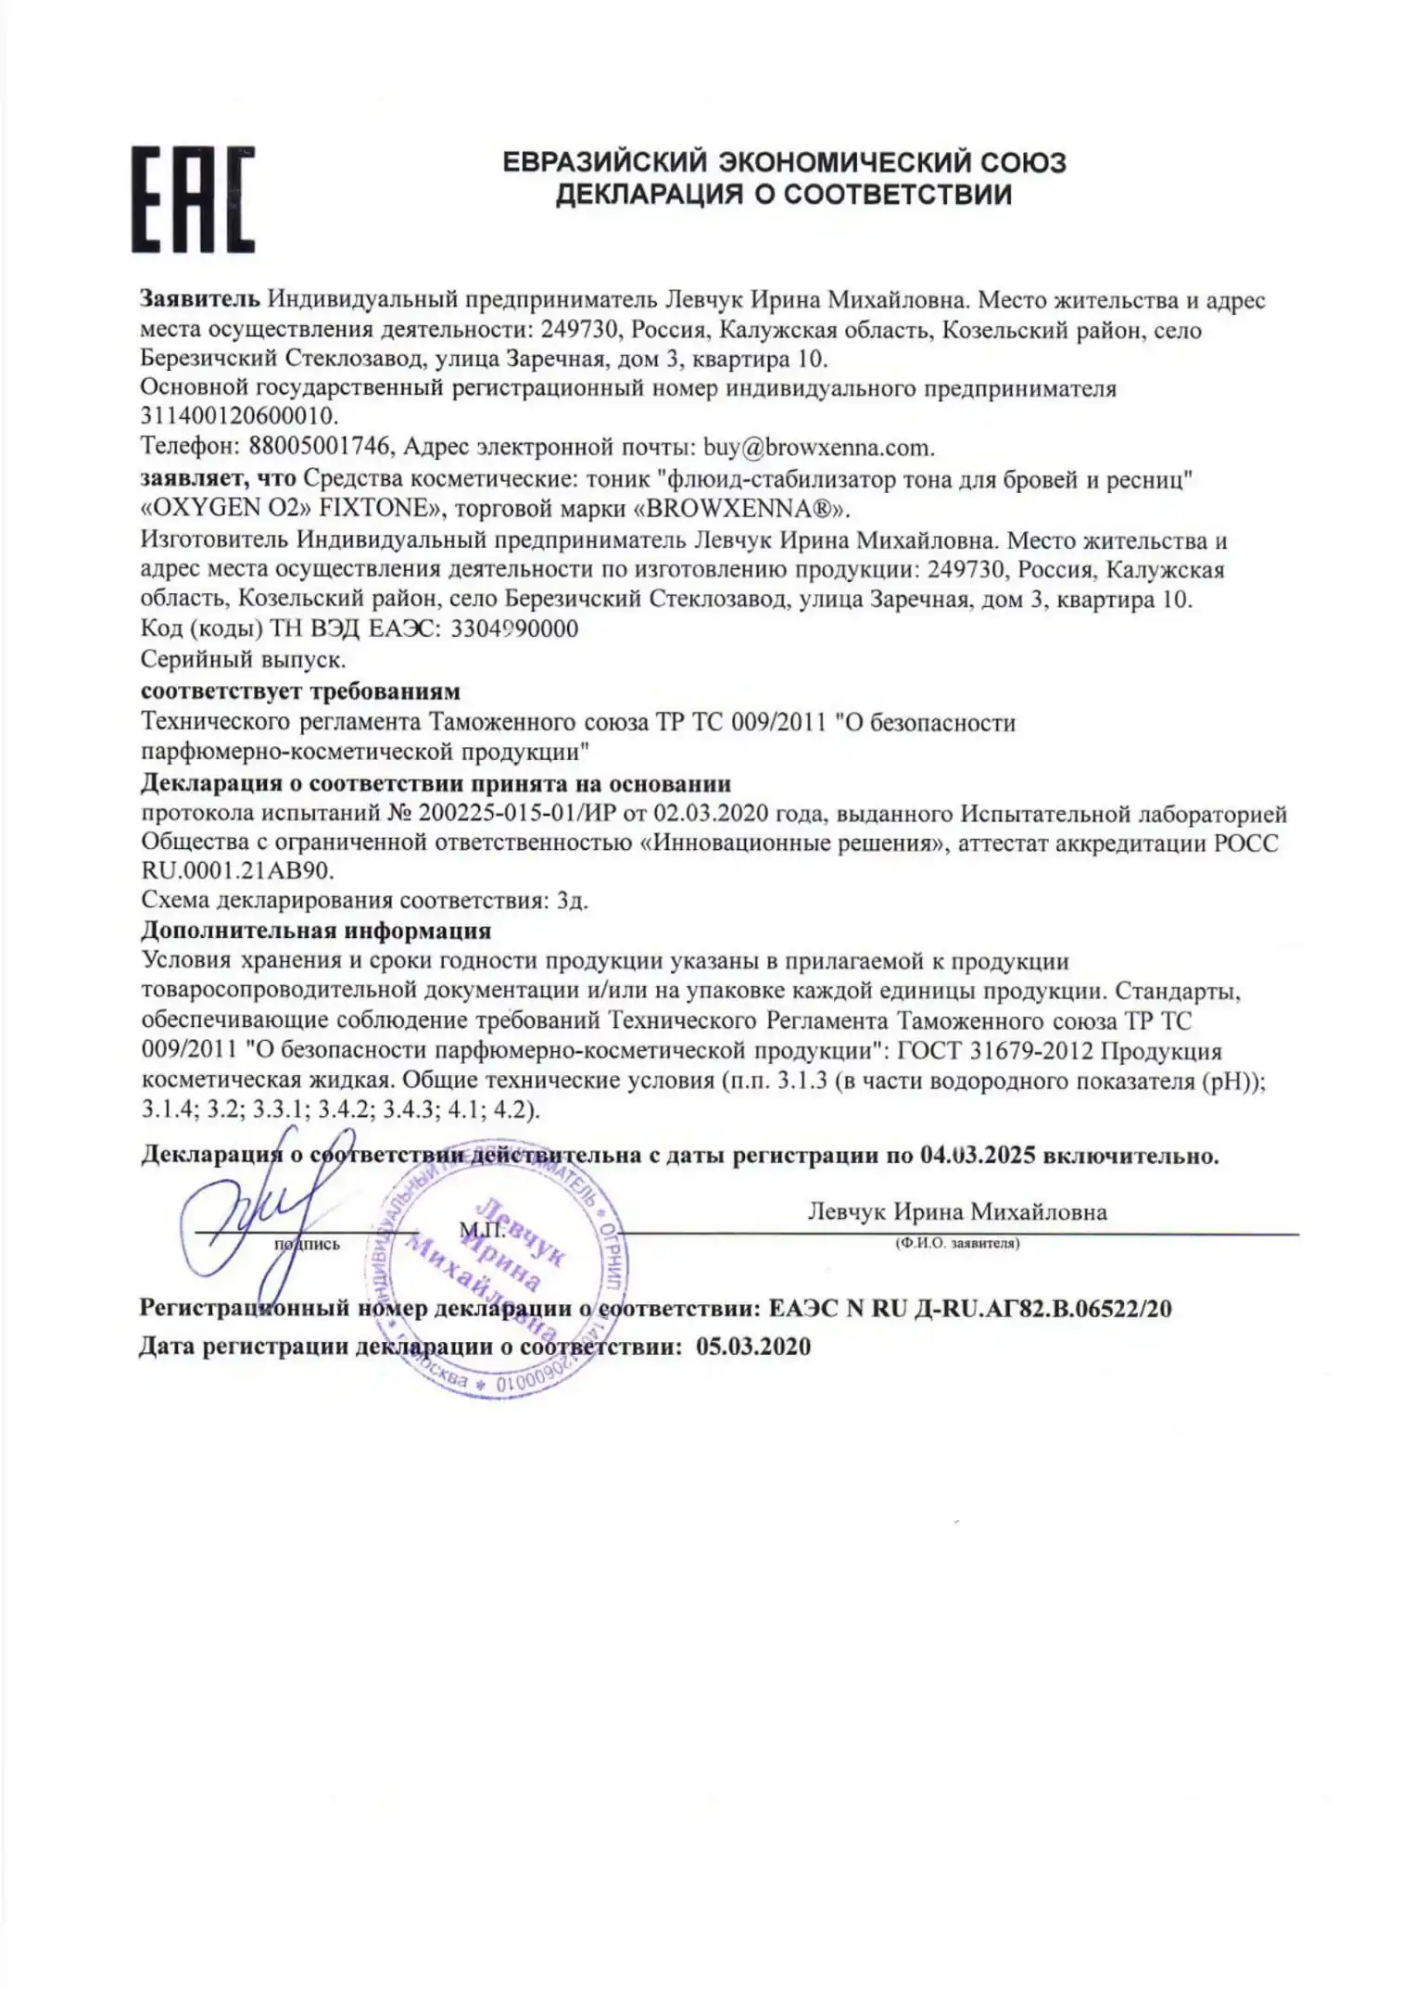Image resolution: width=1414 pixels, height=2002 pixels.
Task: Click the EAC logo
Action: pyautogui.click(x=193, y=198)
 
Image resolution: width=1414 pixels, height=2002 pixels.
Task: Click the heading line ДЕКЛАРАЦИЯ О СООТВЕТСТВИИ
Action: pyautogui.click(x=783, y=195)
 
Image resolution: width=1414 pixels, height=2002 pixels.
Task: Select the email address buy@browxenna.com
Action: pyautogui.click(x=818, y=447)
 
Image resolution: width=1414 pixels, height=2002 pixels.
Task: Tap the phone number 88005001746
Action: pyautogui.click(x=322, y=447)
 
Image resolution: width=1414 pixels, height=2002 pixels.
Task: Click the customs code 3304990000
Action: pyautogui.click(x=513, y=629)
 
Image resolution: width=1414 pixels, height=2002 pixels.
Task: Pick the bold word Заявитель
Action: pyautogui.click(x=199, y=299)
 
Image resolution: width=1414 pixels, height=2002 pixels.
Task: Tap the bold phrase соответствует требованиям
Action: pyautogui.click(x=300, y=691)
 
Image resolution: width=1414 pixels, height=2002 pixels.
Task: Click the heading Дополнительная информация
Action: pyautogui.click(x=316, y=930)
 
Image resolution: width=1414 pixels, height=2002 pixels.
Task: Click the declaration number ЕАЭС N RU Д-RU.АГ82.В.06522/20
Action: pyautogui.click(x=970, y=1309)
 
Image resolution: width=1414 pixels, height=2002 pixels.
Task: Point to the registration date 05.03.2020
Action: pyautogui.click(x=752, y=1347)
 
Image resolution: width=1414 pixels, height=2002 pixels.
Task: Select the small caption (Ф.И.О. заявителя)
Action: pyautogui.click(x=957, y=1244)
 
